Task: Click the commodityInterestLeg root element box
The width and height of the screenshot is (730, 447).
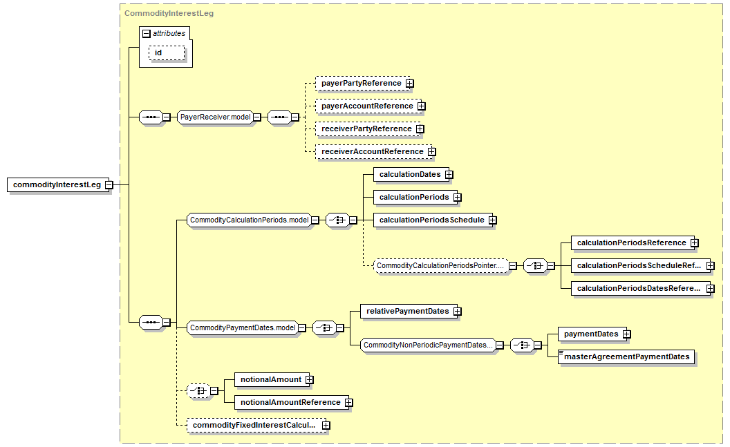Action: click(x=58, y=184)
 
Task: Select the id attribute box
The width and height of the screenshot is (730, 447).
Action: click(x=167, y=53)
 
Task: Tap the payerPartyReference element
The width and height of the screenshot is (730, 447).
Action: click(x=361, y=84)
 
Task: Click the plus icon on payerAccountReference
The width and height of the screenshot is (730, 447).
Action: click(x=421, y=106)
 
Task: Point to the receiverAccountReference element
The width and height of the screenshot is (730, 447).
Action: click(x=372, y=151)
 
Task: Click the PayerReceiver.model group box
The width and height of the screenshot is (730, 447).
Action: click(x=216, y=117)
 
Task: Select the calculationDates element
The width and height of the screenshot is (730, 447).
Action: click(x=410, y=174)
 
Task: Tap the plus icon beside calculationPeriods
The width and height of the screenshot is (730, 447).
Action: click(x=458, y=197)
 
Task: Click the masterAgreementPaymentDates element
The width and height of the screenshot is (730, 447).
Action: click(x=626, y=356)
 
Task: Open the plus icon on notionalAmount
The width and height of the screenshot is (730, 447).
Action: click(x=310, y=380)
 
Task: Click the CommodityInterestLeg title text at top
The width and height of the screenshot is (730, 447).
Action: click(x=169, y=14)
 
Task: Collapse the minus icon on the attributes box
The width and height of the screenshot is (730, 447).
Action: click(x=147, y=33)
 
